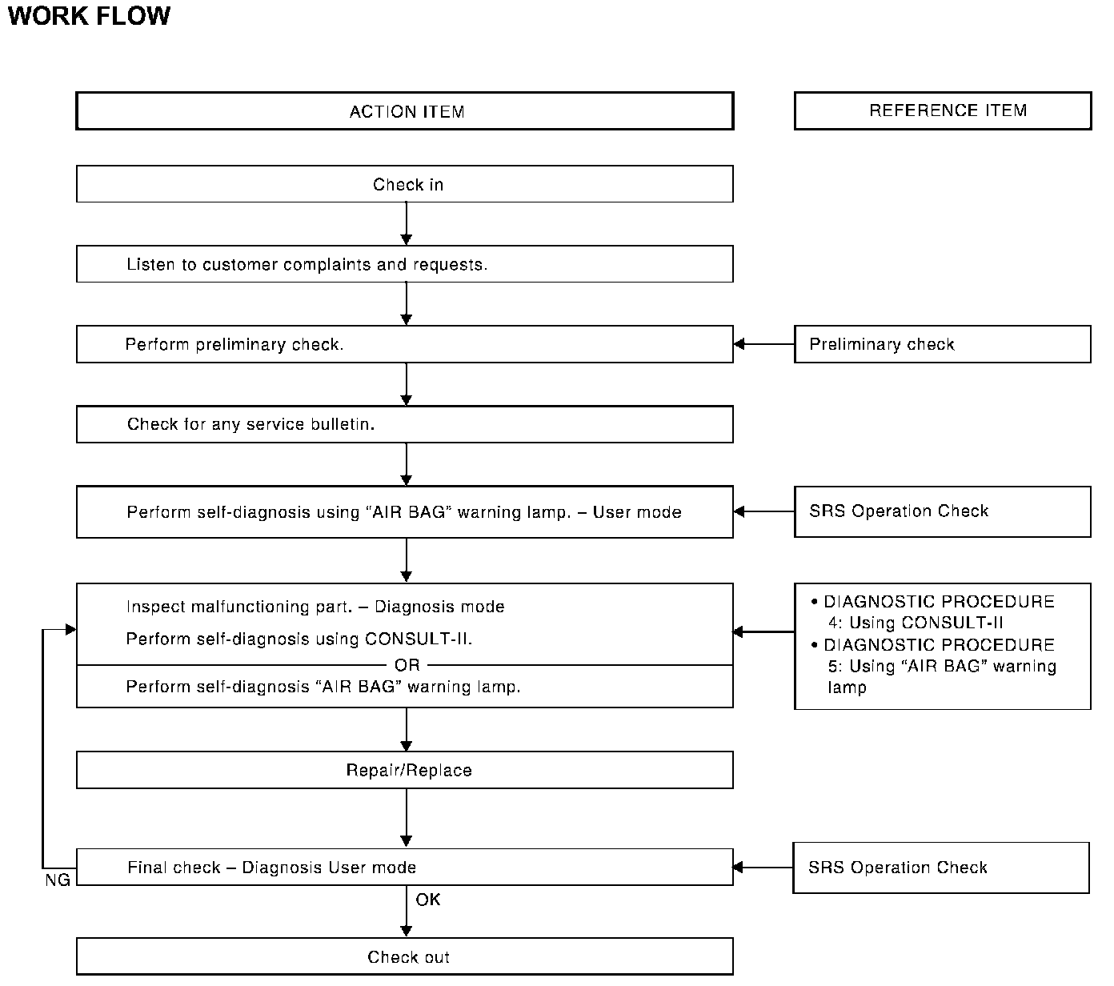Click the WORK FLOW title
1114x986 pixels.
[x=89, y=16]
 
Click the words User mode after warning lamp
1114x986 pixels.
[x=637, y=512]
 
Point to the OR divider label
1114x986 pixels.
[x=407, y=665]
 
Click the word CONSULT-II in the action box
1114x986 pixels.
[x=417, y=639]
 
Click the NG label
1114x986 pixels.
[x=58, y=880]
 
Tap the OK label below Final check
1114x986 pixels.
[x=428, y=899]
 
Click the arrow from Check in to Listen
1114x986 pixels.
[x=407, y=224]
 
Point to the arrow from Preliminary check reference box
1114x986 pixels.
[x=763, y=344]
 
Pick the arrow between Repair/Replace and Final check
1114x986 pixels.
[x=407, y=818]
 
